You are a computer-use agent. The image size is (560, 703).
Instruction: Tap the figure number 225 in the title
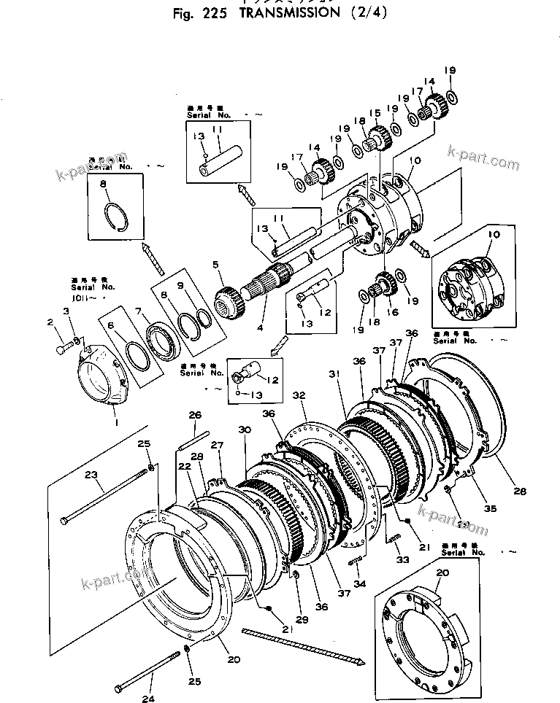[x=212, y=14]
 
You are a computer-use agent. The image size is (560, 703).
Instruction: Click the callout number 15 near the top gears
[x=375, y=113]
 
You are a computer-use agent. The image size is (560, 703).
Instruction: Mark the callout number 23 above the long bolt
[x=91, y=475]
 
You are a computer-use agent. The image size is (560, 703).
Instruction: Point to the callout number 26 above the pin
[x=194, y=416]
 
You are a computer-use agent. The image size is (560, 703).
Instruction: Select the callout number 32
[x=299, y=395]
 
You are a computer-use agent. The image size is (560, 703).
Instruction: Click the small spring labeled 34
[x=356, y=561]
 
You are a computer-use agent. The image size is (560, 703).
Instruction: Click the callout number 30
[x=245, y=431]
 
